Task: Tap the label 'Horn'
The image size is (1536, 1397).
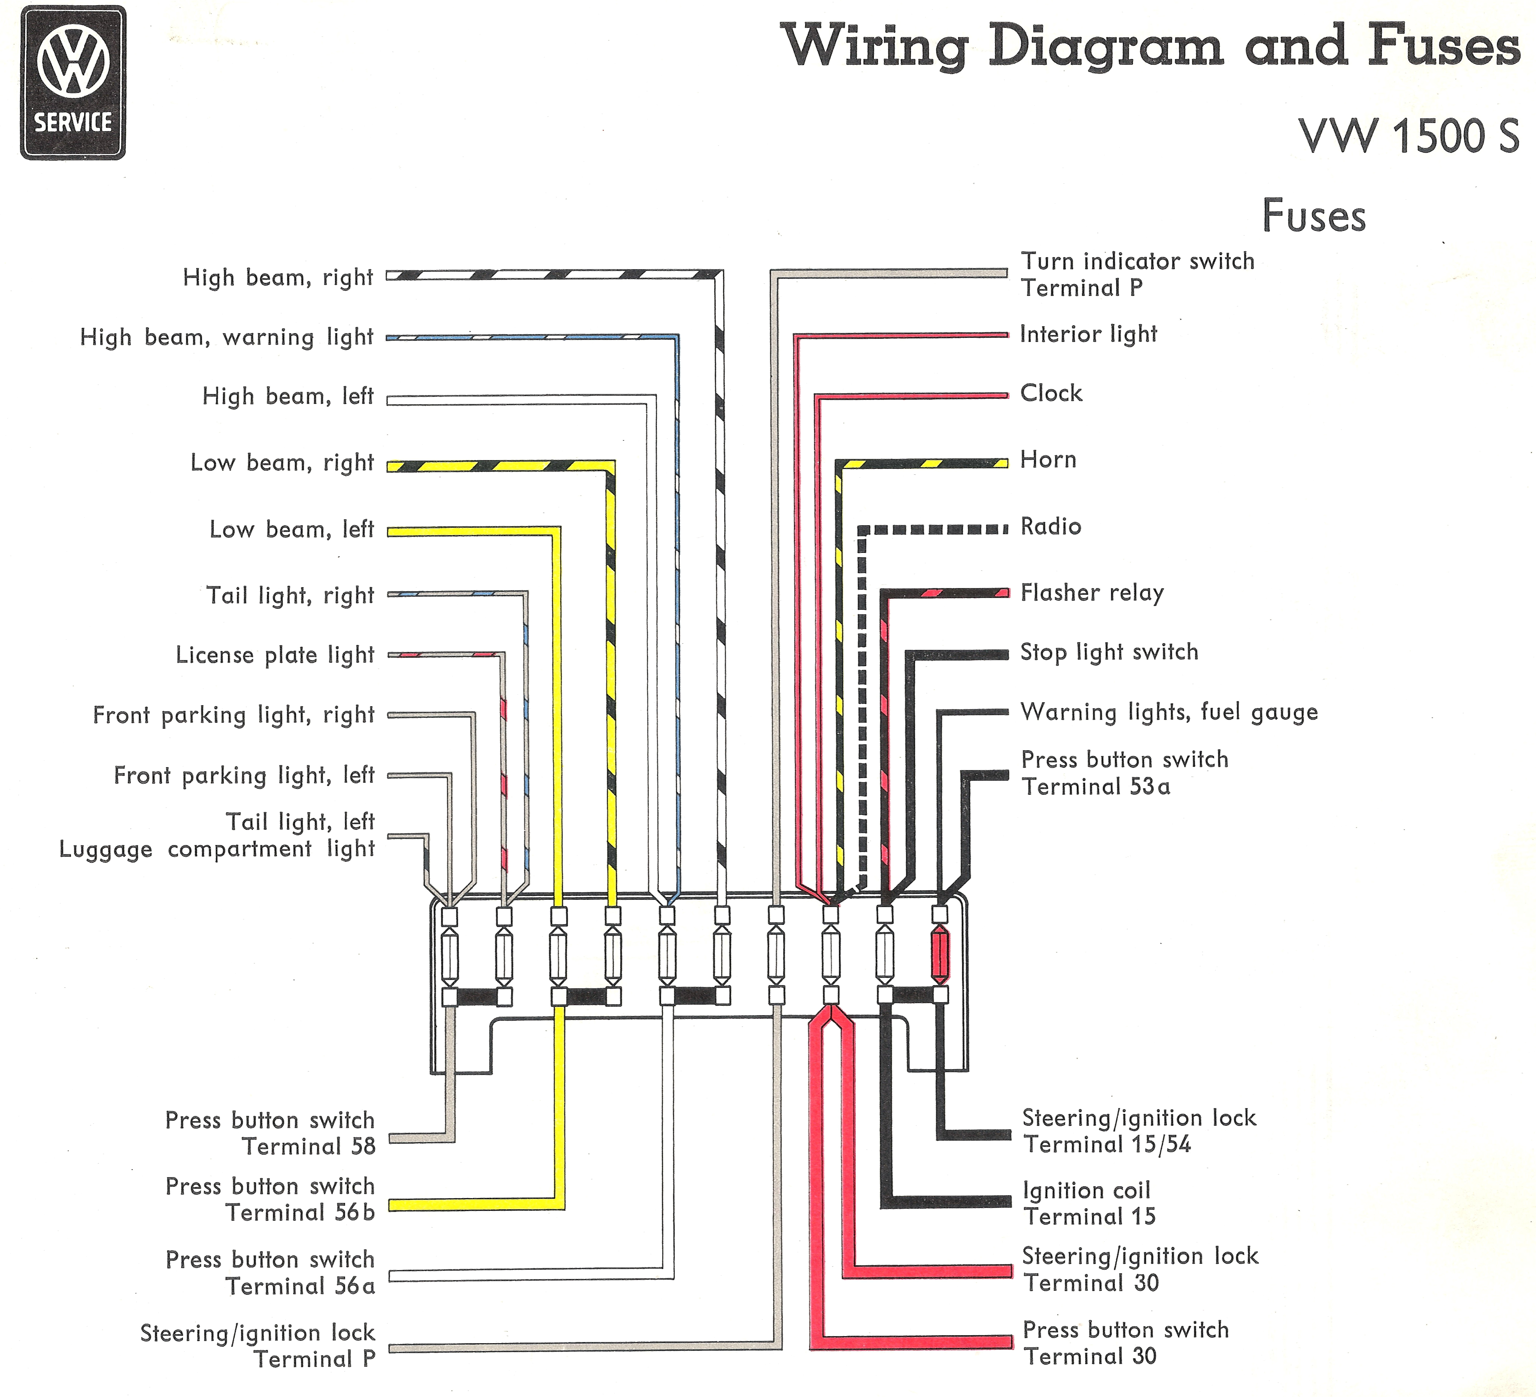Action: (1048, 460)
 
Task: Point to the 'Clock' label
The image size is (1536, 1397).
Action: (1051, 393)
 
